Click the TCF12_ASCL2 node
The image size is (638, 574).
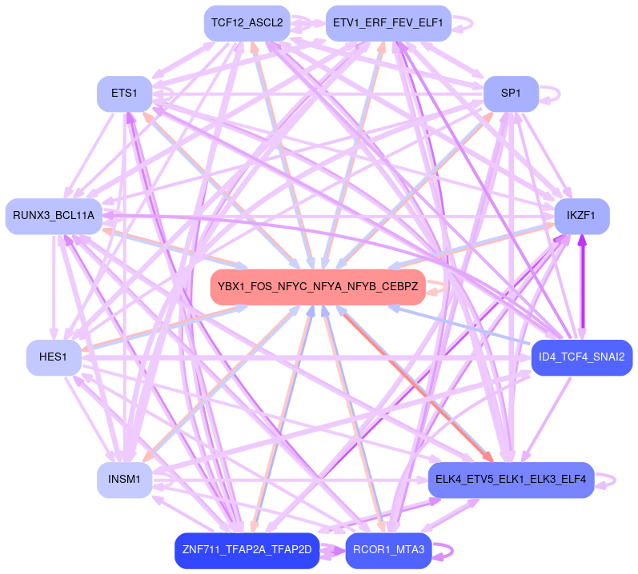(x=246, y=23)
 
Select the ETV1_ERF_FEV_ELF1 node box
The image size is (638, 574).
(x=388, y=23)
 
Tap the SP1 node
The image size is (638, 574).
(x=510, y=94)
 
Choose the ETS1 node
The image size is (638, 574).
(x=124, y=94)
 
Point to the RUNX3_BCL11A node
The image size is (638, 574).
(x=53, y=216)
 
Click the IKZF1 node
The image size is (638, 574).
(x=581, y=216)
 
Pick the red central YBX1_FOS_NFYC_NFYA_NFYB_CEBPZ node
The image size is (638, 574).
(x=317, y=287)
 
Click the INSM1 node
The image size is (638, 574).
(x=124, y=480)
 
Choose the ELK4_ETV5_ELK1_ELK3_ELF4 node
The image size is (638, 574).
(x=511, y=480)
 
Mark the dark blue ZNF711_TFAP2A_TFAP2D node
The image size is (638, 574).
(x=247, y=550)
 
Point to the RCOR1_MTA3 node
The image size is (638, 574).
(x=388, y=550)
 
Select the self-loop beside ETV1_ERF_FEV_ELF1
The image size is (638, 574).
(x=467, y=23)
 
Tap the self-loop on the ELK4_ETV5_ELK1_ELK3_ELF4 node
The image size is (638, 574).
(x=612, y=480)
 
